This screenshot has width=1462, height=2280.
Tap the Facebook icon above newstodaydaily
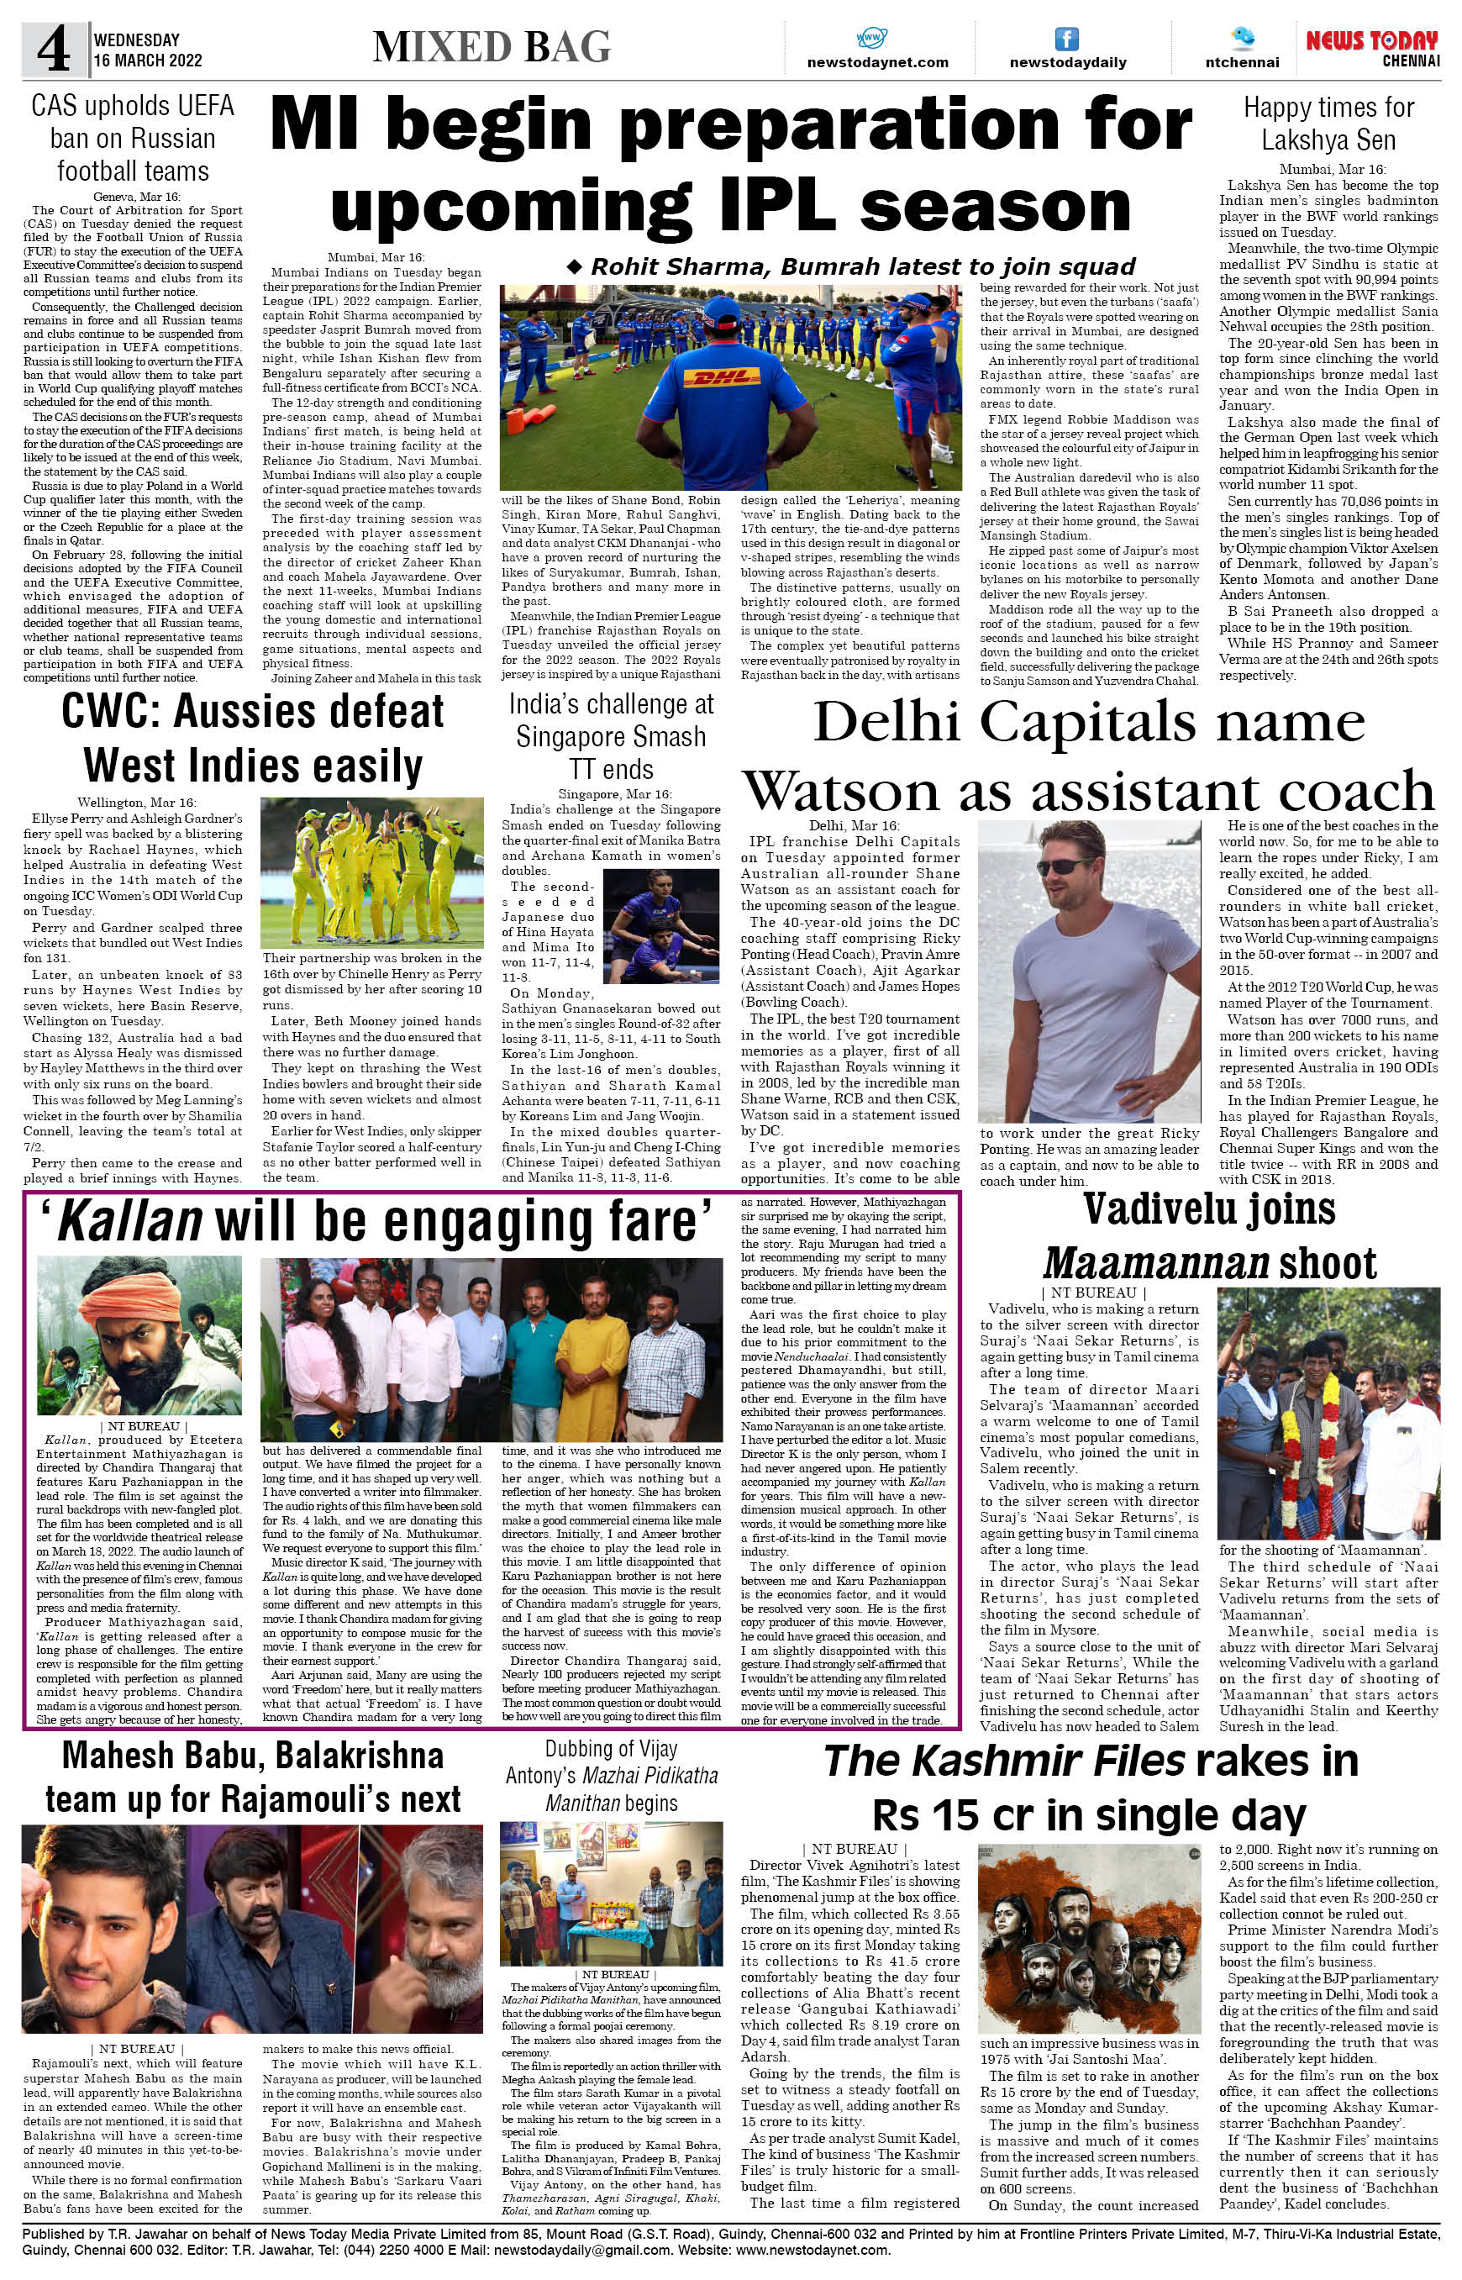pos(1067,39)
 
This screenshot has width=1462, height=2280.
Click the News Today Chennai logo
pos(1372,47)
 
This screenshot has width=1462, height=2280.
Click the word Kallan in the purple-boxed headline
pos(129,1222)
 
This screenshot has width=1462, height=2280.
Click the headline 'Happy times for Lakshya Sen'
pos(1328,124)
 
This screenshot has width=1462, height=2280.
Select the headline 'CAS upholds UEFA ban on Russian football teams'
pos(132,139)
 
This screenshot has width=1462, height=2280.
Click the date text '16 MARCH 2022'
pos(147,61)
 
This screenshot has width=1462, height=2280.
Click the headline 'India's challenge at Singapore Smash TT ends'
pos(611,736)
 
